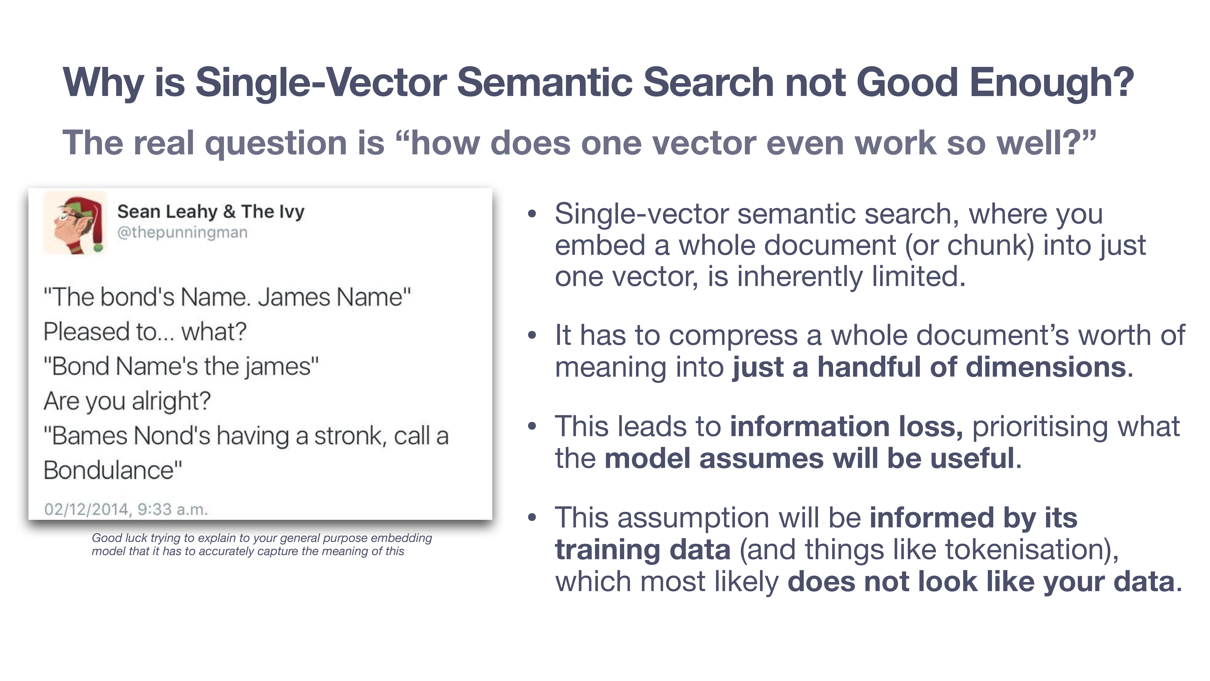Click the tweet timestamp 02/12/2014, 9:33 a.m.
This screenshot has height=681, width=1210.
pos(126,509)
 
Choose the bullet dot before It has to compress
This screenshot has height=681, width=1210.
pos(532,336)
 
